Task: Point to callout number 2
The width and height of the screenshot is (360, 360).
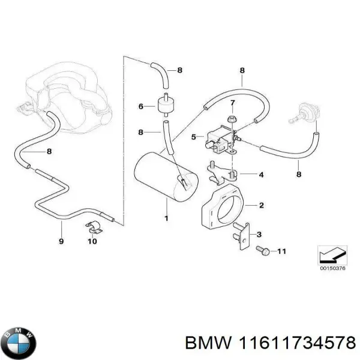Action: [x=261, y=205]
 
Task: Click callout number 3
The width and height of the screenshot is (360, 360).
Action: [x=259, y=234]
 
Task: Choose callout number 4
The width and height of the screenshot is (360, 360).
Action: [x=261, y=175]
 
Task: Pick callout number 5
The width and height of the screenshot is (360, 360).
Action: [x=194, y=137]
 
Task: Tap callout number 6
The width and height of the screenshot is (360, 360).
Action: [x=141, y=107]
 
